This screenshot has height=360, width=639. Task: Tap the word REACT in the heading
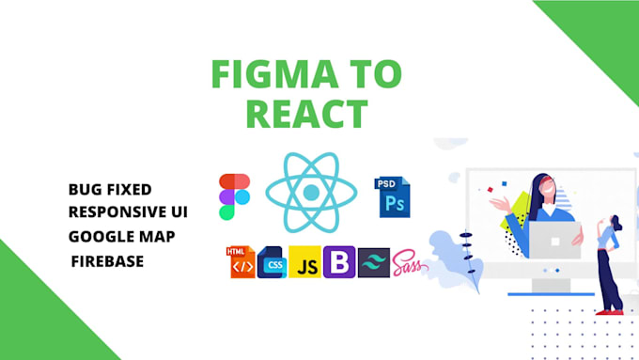tap(304, 114)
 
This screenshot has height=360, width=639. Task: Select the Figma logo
tap(234, 196)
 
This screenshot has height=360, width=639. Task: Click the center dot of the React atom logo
tap(311, 193)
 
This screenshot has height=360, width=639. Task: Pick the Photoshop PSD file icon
tap(394, 196)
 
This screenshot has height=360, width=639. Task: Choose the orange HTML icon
tap(242, 262)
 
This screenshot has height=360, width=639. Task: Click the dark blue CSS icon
tap(273, 263)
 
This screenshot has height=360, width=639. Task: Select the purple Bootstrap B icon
tap(339, 263)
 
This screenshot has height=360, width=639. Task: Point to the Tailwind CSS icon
tap(374, 263)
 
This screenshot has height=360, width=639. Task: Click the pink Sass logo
tap(410, 262)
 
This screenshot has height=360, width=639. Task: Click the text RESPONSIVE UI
tap(128, 211)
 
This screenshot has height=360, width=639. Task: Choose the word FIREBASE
tap(107, 260)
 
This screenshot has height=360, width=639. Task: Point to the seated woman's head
tap(542, 183)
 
